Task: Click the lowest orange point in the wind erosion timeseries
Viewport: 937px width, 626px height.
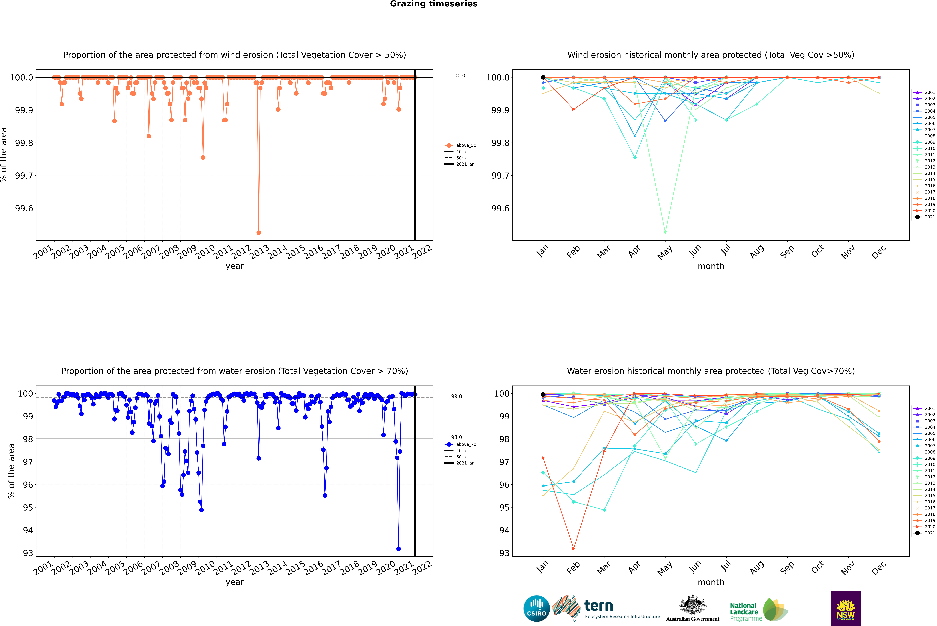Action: [259, 232]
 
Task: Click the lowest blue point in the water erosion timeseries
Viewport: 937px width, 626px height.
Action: [398, 549]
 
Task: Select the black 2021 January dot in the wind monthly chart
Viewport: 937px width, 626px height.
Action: [543, 77]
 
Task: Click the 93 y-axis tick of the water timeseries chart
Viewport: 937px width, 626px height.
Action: [28, 553]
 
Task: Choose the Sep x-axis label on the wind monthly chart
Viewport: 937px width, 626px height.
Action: [787, 251]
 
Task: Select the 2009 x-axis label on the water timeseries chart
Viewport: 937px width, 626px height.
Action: [187, 568]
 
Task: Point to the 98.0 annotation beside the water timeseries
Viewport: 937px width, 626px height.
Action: [457, 437]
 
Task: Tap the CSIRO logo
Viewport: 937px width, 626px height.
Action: [536, 608]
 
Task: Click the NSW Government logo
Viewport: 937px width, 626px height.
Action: [846, 608]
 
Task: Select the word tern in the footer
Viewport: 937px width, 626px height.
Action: [598, 606]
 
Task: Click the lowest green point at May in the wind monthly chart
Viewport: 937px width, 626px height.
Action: [665, 232]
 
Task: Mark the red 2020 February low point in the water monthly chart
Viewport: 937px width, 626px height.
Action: [574, 549]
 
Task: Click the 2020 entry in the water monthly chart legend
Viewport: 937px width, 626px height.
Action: [929, 527]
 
